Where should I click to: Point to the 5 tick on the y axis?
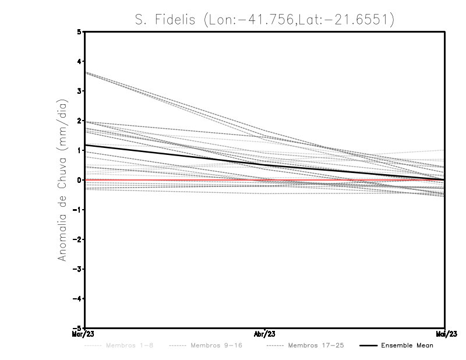[80, 31]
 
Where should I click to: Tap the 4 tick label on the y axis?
[80, 61]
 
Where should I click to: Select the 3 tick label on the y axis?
[80, 91]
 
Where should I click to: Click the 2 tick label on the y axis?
[80, 121]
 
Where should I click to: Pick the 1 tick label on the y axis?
[80, 150]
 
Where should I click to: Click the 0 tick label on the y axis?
[80, 180]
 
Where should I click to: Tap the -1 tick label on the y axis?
[78, 210]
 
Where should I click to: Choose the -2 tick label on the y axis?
[78, 239]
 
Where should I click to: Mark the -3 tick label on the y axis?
[78, 269]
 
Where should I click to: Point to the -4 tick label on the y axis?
[78, 299]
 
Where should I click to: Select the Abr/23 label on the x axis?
[265, 334]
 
